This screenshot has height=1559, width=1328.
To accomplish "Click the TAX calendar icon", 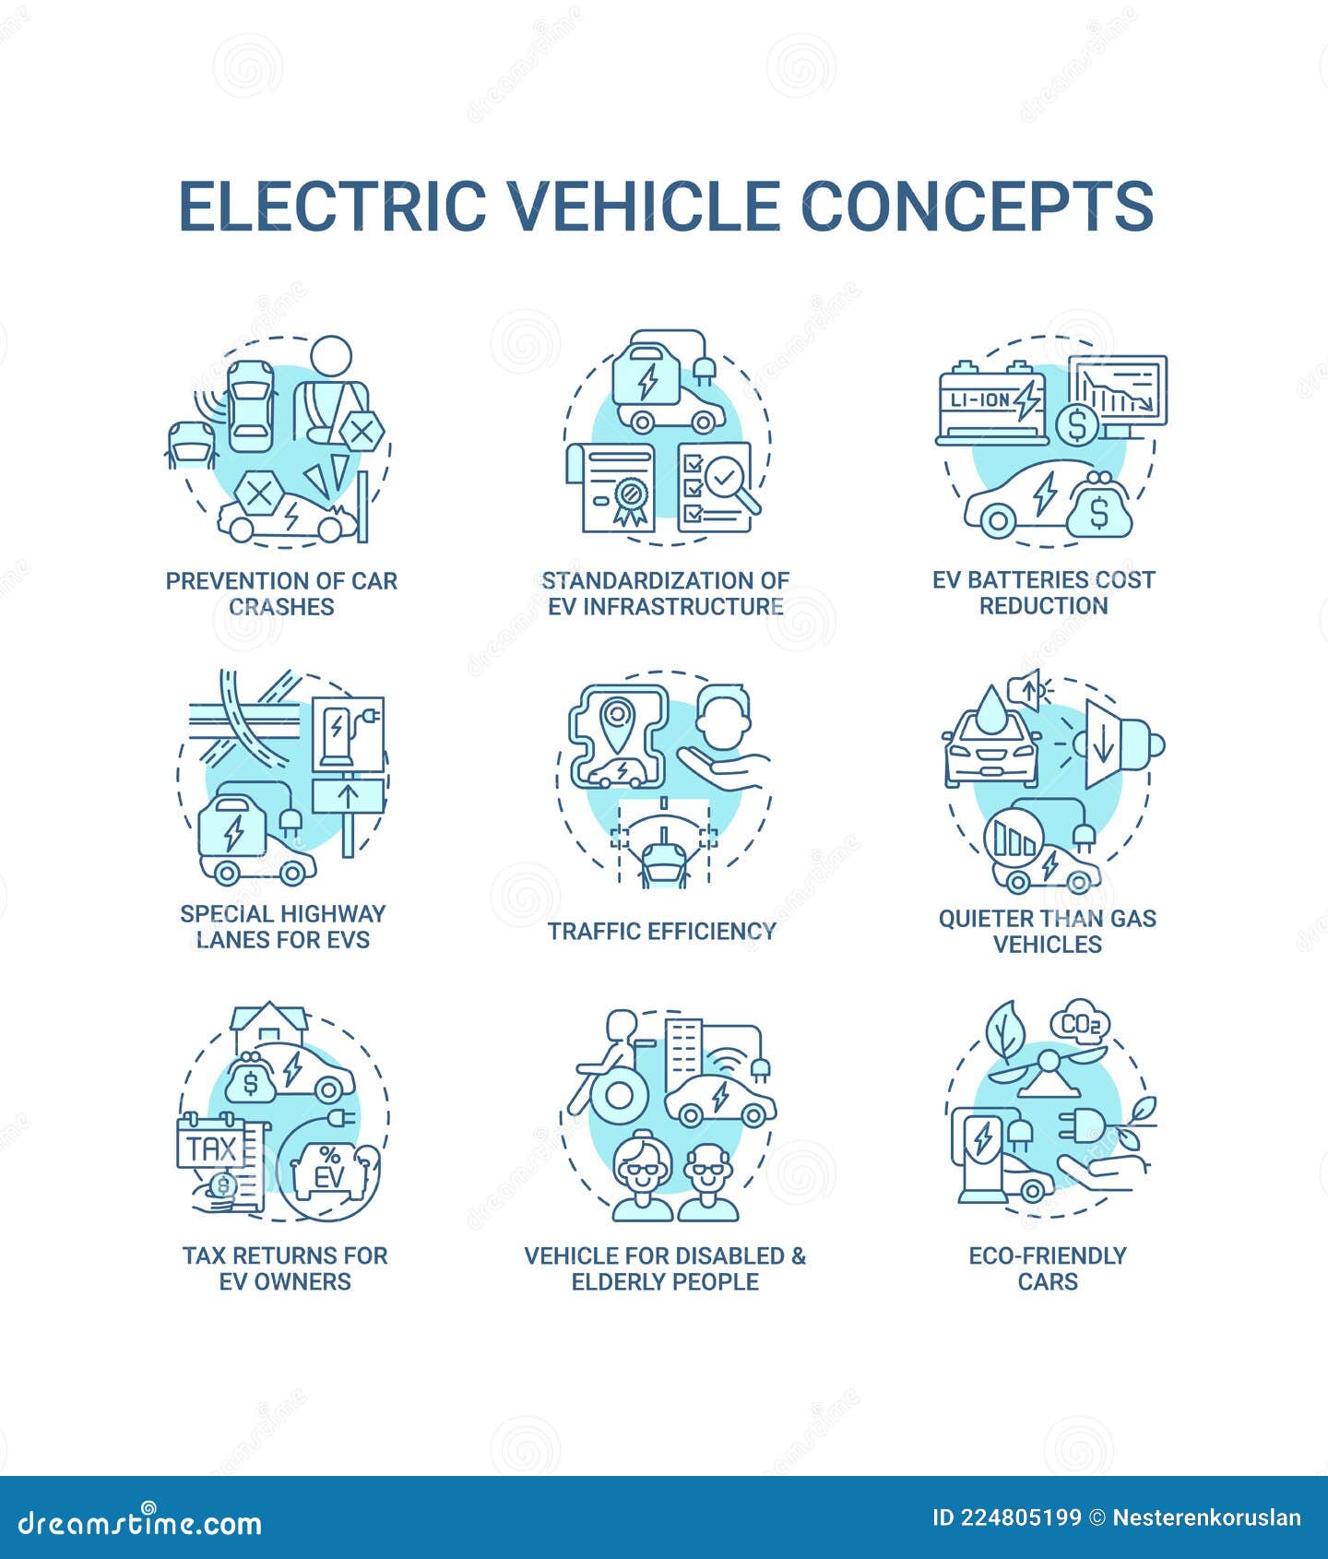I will click(x=211, y=1148).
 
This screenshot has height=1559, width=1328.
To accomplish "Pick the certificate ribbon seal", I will click(x=630, y=499).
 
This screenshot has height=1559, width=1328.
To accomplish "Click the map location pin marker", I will click(x=616, y=719).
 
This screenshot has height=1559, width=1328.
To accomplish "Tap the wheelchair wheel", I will click(x=620, y=1096).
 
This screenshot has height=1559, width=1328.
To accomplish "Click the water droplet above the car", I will click(x=993, y=707).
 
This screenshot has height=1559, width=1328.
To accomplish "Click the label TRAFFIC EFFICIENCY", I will click(x=662, y=931).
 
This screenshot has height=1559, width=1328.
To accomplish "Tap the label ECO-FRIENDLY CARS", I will click(x=1047, y=1267).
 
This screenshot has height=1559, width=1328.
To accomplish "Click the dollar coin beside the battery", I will click(x=1076, y=424).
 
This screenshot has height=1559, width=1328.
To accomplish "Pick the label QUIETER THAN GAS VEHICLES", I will click(x=1047, y=931).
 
